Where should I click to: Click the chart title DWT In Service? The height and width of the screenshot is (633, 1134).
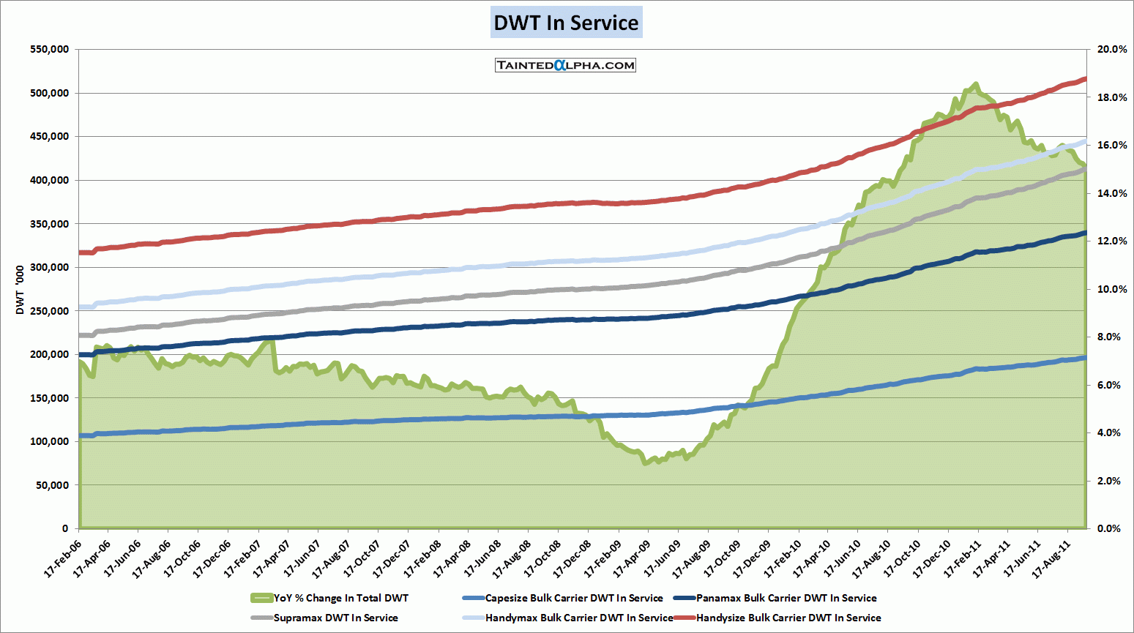click(566, 23)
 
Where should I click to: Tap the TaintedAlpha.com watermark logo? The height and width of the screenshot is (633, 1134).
click(565, 65)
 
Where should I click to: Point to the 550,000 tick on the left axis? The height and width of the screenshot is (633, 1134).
click(50, 50)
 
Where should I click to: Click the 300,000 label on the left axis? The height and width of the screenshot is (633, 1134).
click(50, 268)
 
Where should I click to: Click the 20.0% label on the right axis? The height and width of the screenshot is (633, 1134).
click(1111, 50)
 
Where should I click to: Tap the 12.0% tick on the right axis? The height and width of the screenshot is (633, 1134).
click(1111, 241)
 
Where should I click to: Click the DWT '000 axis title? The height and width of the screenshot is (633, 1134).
click(20, 290)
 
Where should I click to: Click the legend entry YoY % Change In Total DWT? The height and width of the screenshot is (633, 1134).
click(340, 598)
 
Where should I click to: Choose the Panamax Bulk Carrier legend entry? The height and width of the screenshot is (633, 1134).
click(786, 598)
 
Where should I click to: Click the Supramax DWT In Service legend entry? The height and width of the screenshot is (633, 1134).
click(335, 618)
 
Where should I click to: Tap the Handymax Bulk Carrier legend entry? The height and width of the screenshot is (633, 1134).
click(578, 618)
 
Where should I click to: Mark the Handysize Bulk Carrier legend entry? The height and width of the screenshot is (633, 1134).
click(788, 618)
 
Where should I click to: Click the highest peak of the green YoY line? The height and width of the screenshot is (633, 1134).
click(975, 84)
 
